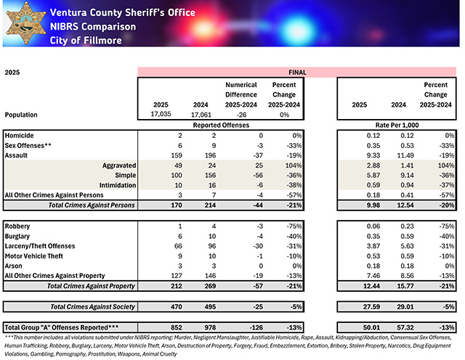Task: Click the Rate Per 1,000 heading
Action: [395, 125]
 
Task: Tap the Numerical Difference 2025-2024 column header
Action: [241, 94]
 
